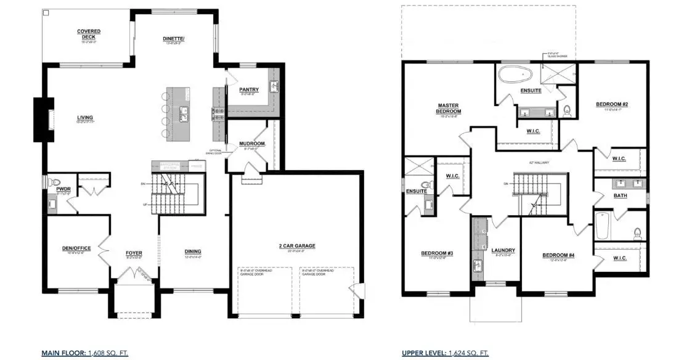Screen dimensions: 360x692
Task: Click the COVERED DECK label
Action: (89, 31)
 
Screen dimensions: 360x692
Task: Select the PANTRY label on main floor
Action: (248, 90)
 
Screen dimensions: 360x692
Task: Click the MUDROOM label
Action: (251, 144)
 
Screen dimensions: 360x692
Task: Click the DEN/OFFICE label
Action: (76, 248)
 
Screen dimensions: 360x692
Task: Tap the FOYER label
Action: (134, 252)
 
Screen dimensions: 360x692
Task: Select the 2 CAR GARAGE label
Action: (296, 245)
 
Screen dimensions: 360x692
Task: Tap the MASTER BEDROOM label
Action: (450, 108)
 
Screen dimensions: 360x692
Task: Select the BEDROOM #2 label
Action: (612, 104)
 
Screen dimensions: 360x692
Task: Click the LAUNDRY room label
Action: (503, 250)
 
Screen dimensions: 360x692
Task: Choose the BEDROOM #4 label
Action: (558, 255)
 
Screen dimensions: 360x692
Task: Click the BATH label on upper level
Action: (620, 195)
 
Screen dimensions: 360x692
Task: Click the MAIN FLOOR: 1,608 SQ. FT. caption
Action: (84, 353)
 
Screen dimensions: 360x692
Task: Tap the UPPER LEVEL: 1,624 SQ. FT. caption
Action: (445, 353)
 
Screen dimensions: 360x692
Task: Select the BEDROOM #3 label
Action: (437, 253)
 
